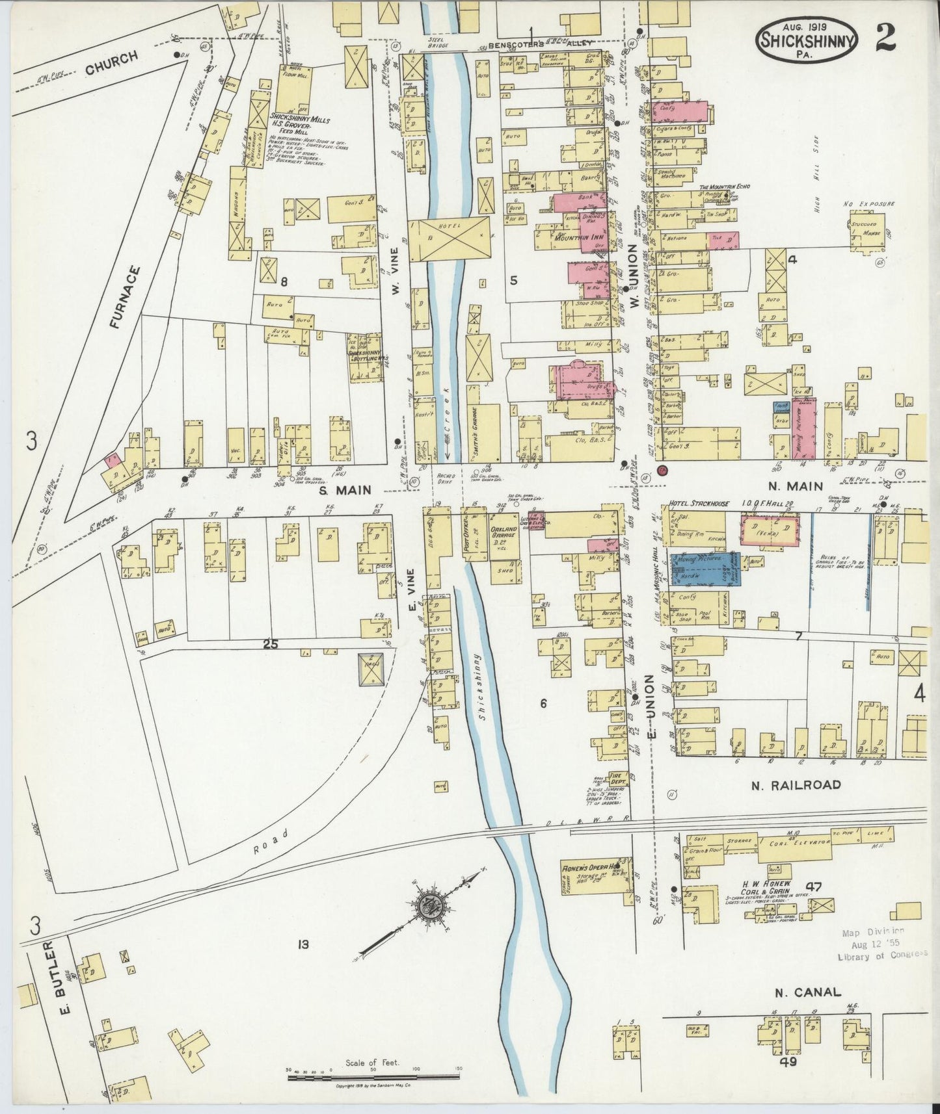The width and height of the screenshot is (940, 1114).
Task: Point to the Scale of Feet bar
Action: (374, 1078)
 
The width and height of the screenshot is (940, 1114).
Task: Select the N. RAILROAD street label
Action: (796, 784)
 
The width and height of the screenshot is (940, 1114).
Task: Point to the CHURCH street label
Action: (111, 63)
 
